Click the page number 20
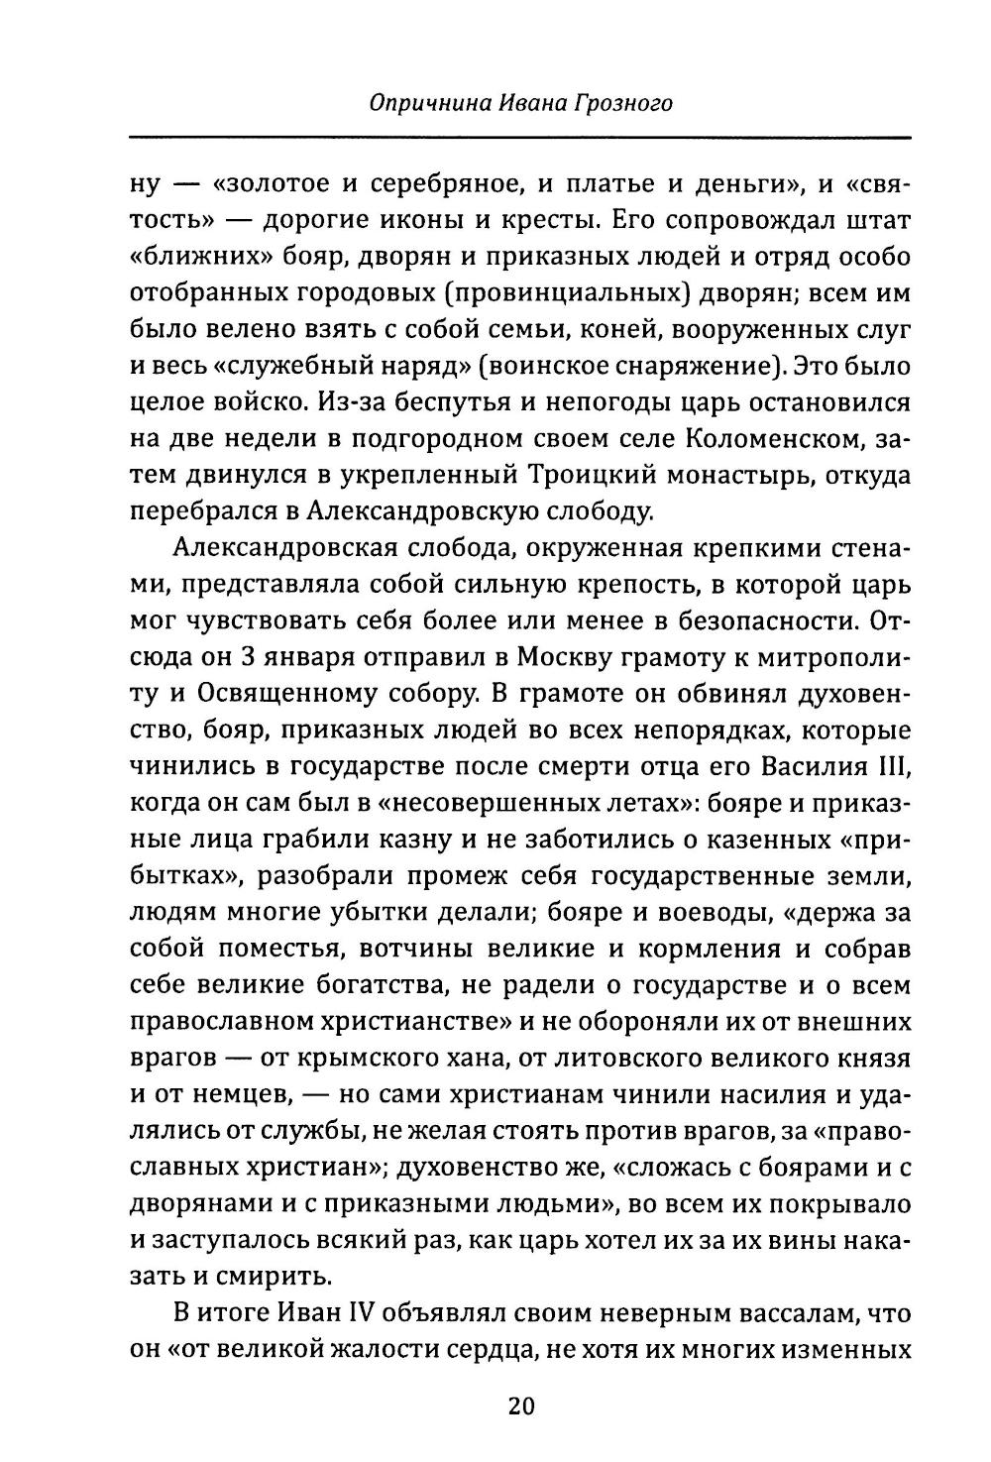(x=520, y=1406)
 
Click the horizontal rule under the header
(x=520, y=136)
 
